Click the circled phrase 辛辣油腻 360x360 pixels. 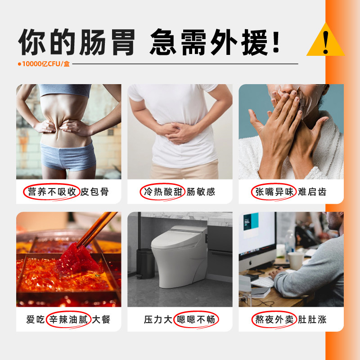click(69, 320)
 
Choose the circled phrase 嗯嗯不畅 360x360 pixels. click(195, 320)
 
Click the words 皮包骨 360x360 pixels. click(94, 192)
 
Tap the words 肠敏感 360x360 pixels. click(201, 192)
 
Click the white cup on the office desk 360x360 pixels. click(296, 261)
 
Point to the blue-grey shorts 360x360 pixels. click(67, 155)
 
